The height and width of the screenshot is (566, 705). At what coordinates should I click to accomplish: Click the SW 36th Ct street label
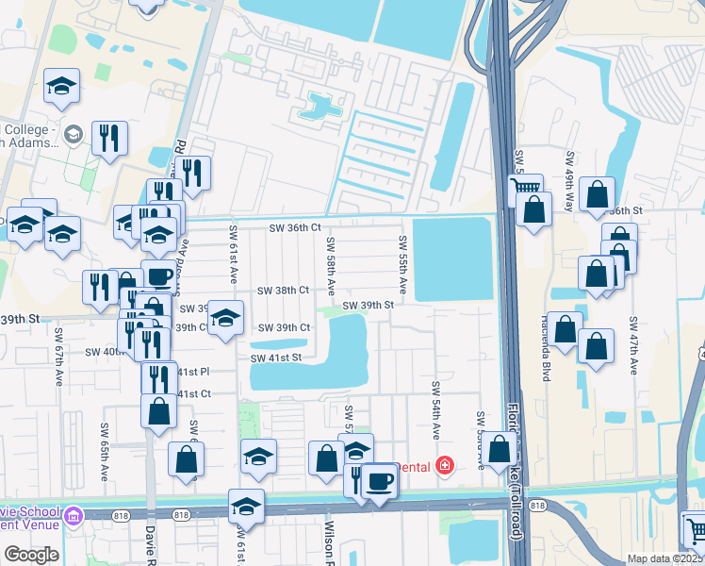click(295, 227)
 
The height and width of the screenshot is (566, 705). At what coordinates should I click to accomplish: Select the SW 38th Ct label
click(284, 291)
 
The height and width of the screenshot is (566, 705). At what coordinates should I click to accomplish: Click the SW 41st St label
click(276, 358)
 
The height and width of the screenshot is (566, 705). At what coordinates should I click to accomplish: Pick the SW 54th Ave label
click(435, 410)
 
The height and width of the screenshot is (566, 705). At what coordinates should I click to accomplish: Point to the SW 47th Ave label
click(634, 344)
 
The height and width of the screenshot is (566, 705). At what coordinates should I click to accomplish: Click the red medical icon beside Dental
click(443, 466)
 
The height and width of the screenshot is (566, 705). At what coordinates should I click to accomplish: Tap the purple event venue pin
click(73, 517)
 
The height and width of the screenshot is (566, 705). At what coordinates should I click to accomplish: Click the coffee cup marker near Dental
click(379, 481)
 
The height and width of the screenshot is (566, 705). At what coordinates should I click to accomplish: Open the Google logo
click(31, 555)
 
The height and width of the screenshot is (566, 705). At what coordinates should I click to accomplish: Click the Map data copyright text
click(664, 558)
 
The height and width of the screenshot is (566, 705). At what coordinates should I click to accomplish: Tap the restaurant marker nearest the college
click(110, 141)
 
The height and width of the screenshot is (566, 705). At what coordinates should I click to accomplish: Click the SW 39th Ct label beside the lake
click(284, 327)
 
